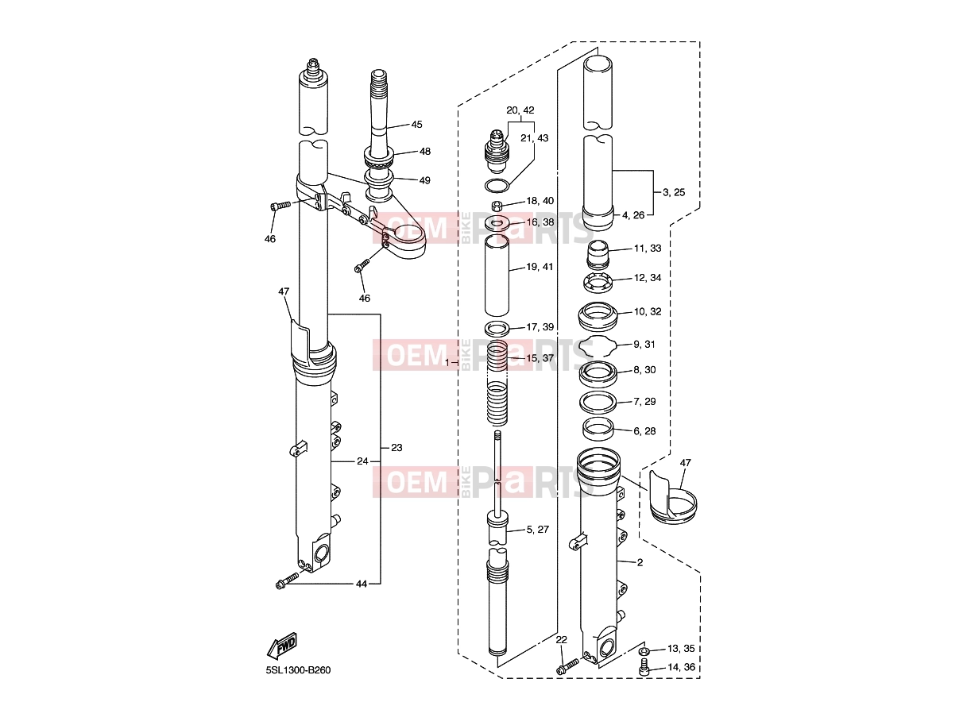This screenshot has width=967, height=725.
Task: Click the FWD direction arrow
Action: [x=282, y=646]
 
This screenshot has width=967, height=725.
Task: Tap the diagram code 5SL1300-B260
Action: [x=298, y=670]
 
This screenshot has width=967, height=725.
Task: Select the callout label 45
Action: [x=417, y=125]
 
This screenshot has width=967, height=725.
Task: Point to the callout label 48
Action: [x=424, y=152]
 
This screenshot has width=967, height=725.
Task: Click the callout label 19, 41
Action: [x=540, y=267]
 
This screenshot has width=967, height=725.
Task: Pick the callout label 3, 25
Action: [x=674, y=192]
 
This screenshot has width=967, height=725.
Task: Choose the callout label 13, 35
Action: [x=681, y=649]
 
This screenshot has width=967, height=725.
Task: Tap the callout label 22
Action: [x=561, y=639]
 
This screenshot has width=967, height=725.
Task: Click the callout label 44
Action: [x=362, y=584]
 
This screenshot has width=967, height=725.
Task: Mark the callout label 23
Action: [x=396, y=448]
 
